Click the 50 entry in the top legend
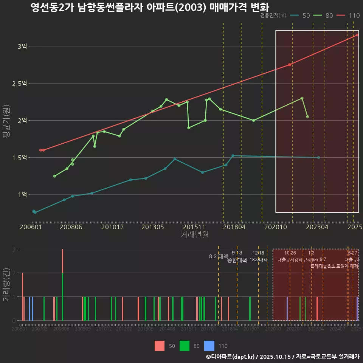pos(301,16)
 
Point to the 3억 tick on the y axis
pos(22,47)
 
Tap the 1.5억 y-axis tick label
pos(19,158)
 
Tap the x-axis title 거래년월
pos(194,235)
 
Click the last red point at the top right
pos(357,35)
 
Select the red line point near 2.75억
pos(290,65)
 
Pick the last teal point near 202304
pos(319,158)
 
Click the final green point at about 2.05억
pos(307,117)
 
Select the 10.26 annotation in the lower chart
pos(290,253)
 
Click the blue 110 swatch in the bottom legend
pos(209,346)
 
